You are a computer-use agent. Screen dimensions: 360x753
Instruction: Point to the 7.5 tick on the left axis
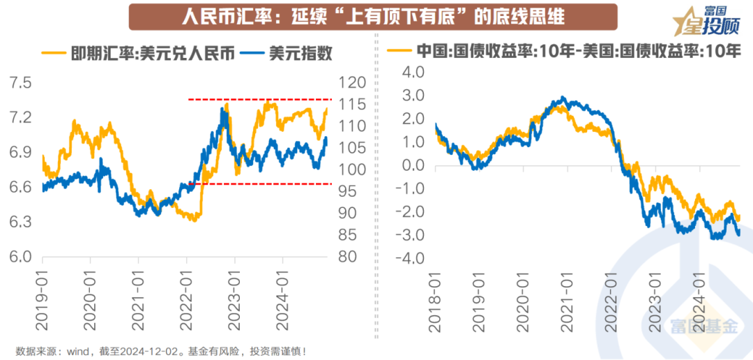20,83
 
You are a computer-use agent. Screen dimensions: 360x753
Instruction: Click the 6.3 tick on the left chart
20,222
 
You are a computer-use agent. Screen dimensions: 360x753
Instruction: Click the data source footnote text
160,351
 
